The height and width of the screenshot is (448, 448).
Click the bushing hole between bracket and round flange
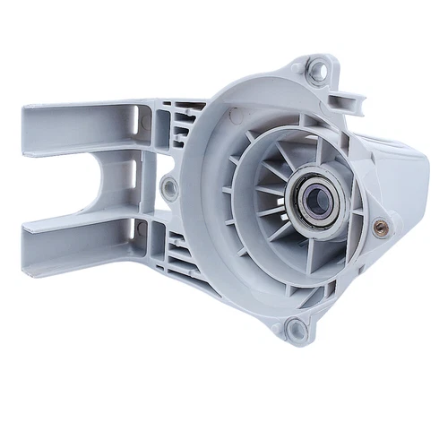(x=168, y=187)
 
